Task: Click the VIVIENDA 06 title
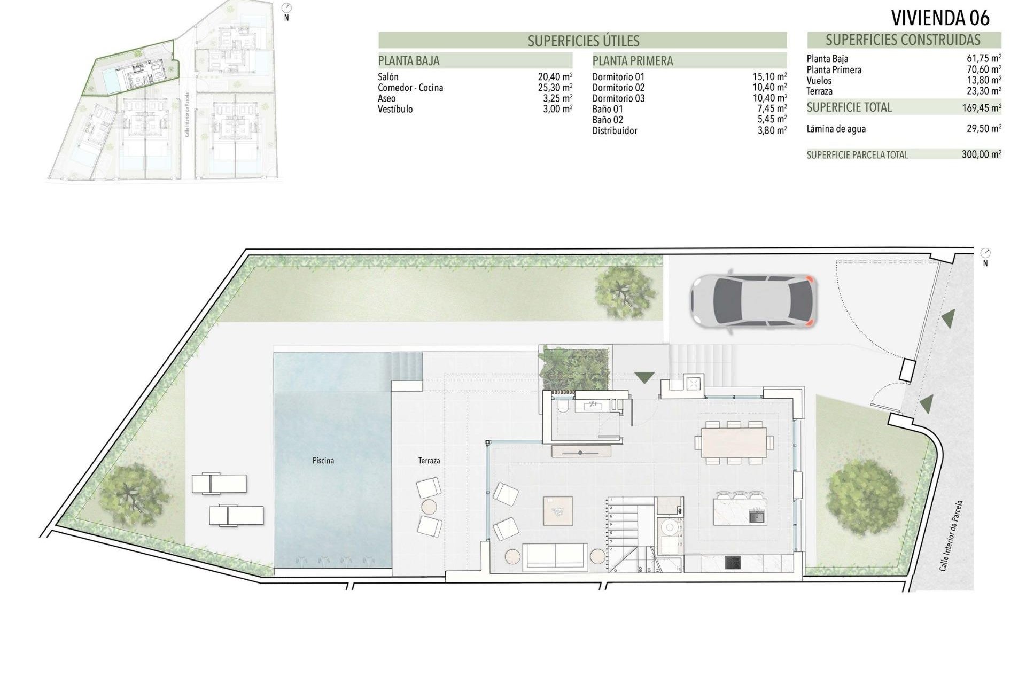(x=940, y=18)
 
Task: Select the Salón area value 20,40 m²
(x=555, y=77)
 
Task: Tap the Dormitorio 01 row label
(x=618, y=77)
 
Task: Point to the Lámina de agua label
(x=836, y=129)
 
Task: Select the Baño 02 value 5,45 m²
(x=769, y=120)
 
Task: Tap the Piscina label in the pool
(x=323, y=461)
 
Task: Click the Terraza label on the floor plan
(x=429, y=461)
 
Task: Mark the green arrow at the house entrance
(x=644, y=377)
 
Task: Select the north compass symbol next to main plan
(x=985, y=253)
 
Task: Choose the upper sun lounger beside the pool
(x=219, y=483)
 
